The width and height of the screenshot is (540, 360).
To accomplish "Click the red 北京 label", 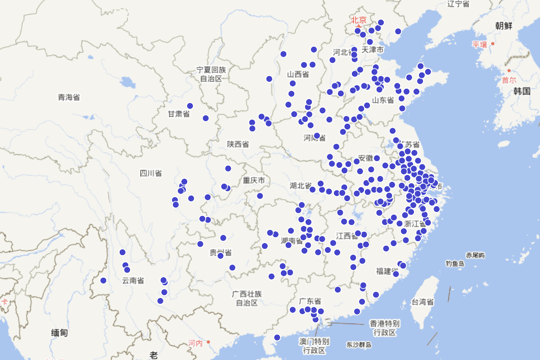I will (x=359, y=20).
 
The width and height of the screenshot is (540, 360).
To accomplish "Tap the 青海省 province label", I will (x=68, y=97).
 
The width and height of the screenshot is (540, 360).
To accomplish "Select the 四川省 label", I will (x=151, y=173).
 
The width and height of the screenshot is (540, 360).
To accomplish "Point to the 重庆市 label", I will (x=254, y=180).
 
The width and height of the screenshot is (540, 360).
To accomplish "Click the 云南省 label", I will (x=133, y=281).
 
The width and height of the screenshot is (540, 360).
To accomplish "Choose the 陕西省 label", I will (x=238, y=144).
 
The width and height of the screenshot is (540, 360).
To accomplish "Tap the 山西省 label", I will (x=298, y=74).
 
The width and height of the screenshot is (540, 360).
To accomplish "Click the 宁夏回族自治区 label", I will (x=211, y=74).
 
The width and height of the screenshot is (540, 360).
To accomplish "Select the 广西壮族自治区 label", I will (x=247, y=298).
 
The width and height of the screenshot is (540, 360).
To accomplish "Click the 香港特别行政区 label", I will (x=385, y=328).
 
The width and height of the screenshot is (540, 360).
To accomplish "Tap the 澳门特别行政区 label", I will (x=314, y=346).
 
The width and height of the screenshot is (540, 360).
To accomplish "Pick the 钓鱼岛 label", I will (x=455, y=263).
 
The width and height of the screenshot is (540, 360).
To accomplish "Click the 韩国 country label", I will (x=522, y=91).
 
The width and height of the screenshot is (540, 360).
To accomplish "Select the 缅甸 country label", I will (x=59, y=333).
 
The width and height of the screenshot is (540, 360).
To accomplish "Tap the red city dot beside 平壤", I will (x=493, y=44).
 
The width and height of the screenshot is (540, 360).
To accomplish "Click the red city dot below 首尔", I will (x=509, y=71).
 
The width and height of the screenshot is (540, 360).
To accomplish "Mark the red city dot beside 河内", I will (x=208, y=342).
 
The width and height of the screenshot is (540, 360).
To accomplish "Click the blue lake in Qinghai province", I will (x=128, y=82).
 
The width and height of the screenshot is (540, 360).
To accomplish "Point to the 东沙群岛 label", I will (x=359, y=345).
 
